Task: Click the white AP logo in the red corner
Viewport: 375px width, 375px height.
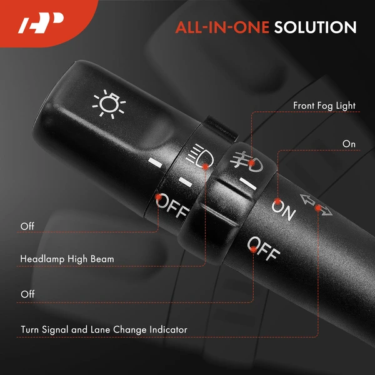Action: point(41,23)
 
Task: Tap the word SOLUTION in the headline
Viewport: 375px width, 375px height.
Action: point(315,27)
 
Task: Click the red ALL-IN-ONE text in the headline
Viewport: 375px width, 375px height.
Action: point(222,27)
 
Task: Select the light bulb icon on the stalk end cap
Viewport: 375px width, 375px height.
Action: point(109,104)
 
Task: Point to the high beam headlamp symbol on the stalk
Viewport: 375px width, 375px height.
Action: point(200,156)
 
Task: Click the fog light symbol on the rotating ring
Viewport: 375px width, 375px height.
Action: point(246,162)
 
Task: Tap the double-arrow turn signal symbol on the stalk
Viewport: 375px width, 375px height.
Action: point(316,205)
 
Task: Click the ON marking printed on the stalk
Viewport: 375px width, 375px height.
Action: point(284,211)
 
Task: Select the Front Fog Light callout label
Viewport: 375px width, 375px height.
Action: point(324,106)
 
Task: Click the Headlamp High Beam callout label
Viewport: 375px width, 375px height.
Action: point(67,259)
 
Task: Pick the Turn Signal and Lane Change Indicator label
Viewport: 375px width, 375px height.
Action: point(104,329)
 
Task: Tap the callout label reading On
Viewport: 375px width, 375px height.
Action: point(349,144)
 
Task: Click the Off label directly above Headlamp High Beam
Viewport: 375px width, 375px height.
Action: point(27,226)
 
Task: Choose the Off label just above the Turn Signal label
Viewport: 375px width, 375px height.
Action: point(27,294)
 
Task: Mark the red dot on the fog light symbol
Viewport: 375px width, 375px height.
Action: point(251,163)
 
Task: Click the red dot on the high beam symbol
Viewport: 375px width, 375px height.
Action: point(205,166)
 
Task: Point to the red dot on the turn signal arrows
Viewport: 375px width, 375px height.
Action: point(318,208)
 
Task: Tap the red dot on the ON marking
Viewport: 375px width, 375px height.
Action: point(277,202)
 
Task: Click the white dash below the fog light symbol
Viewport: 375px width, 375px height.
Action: point(248,184)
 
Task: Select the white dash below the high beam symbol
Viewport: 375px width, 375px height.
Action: point(186,182)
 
